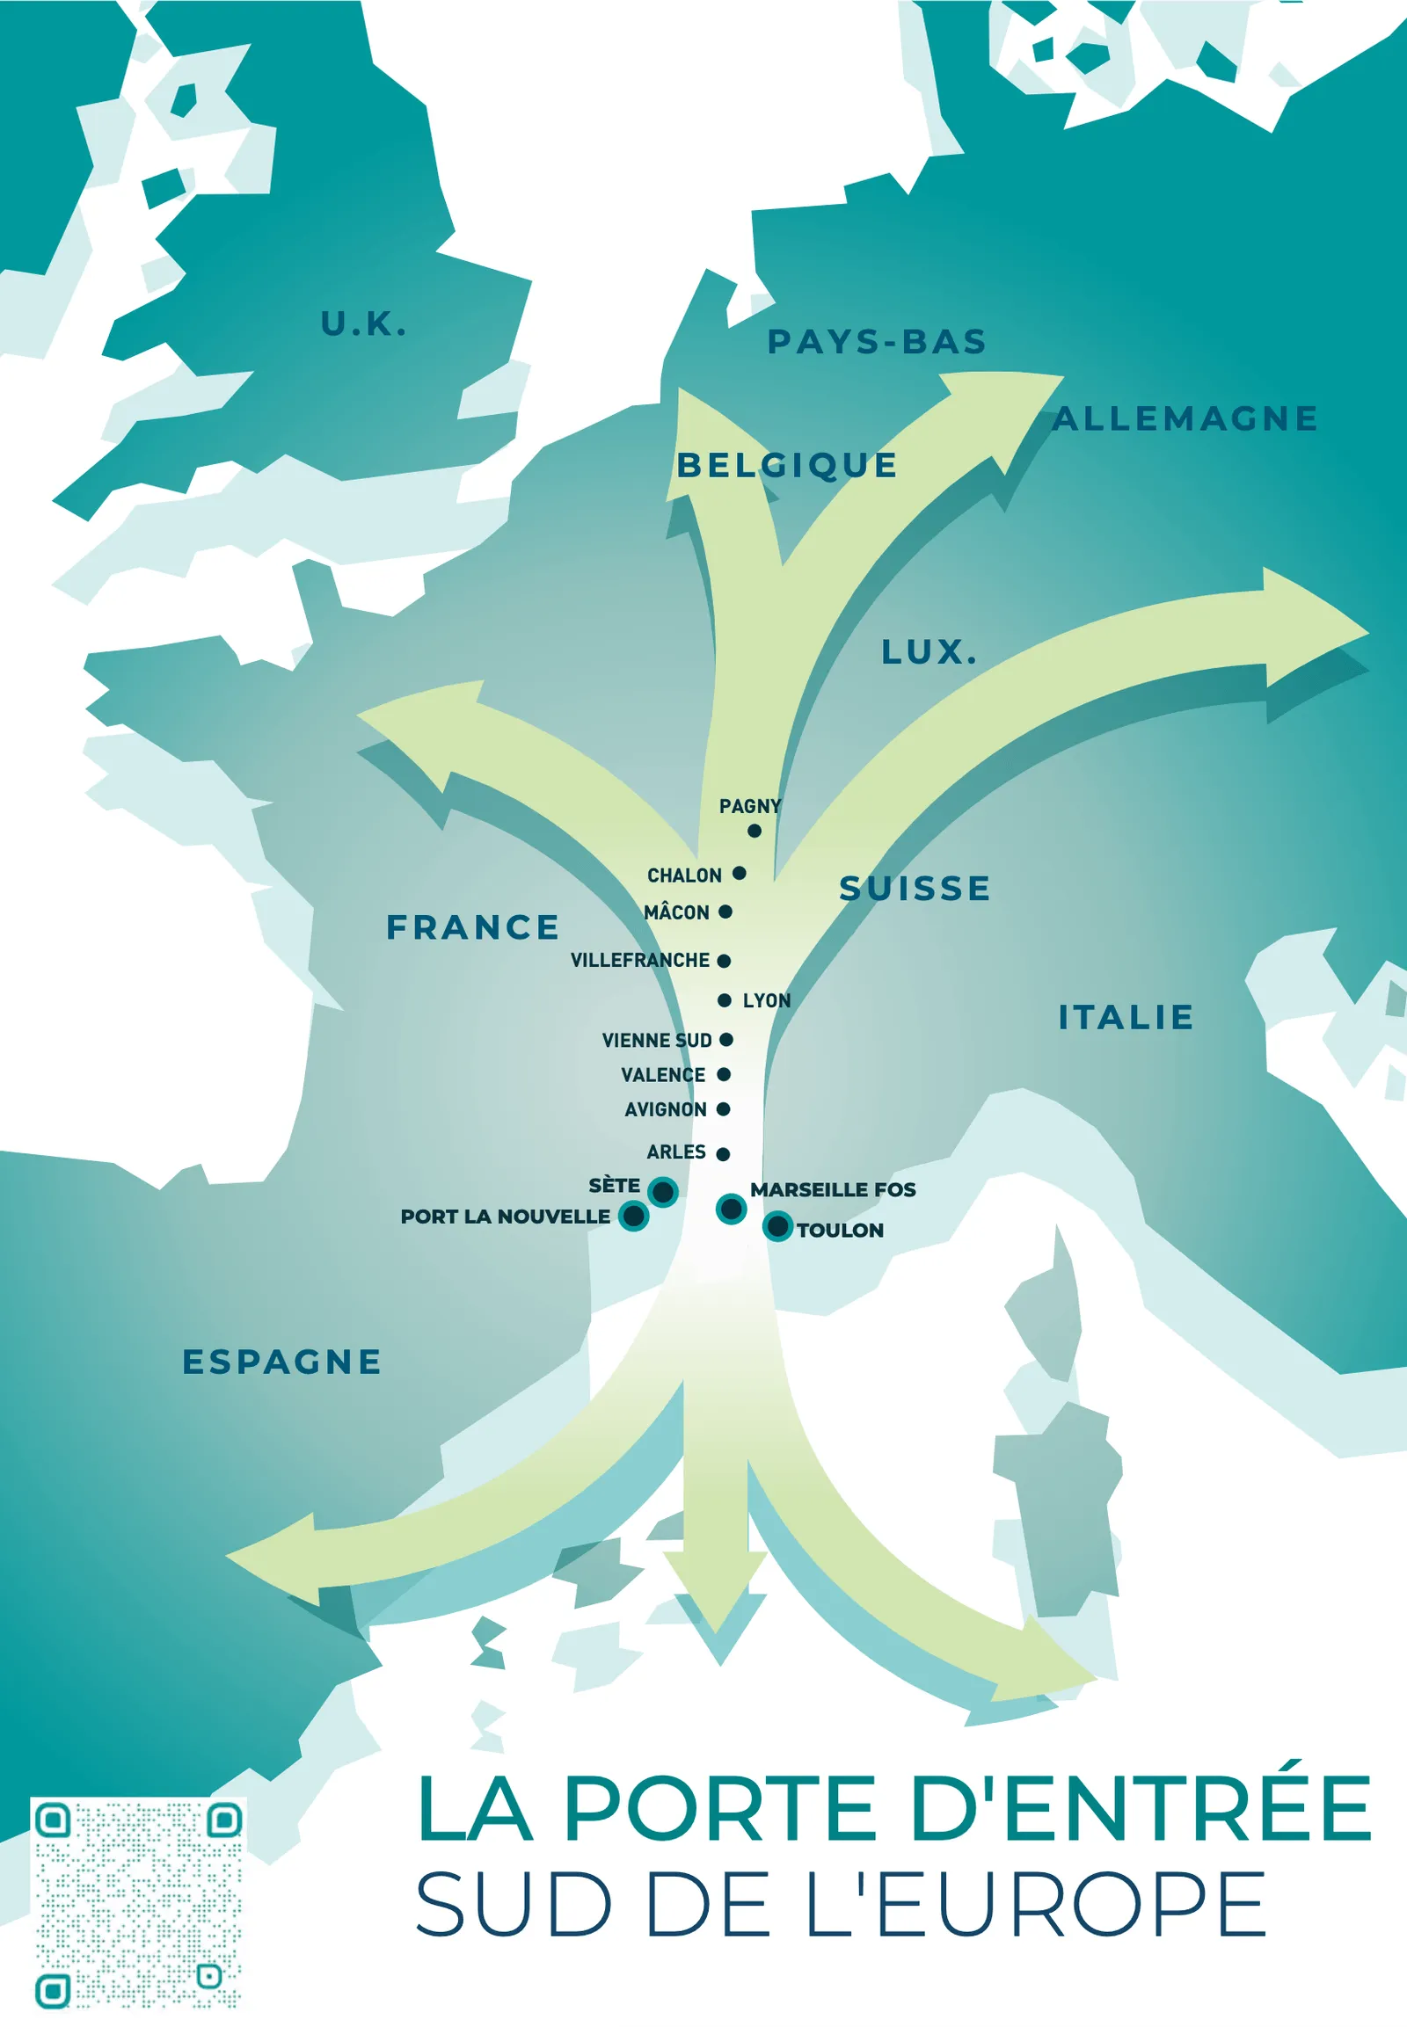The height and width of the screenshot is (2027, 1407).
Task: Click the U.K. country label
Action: tap(363, 324)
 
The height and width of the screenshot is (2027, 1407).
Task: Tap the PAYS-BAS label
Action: tap(876, 342)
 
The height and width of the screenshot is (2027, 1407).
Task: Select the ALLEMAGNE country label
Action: tap(1185, 418)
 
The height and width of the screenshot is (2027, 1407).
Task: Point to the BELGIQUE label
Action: tap(786, 465)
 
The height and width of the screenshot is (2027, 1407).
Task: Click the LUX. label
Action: tap(929, 652)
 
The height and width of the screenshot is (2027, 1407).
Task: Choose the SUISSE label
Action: tap(915, 889)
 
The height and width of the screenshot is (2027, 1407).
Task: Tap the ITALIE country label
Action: tap(1126, 1018)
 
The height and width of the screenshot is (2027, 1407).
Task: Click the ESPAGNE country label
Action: tap(281, 1362)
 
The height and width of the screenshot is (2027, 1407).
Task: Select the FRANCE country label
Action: tap(472, 927)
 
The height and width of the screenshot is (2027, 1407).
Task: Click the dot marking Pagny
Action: tap(755, 830)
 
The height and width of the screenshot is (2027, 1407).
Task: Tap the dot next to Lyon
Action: tap(725, 1000)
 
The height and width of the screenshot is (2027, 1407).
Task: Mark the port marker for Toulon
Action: tap(777, 1226)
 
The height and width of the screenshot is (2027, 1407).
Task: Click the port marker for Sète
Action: tap(663, 1192)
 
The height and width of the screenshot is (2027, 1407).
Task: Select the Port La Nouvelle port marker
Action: tap(634, 1217)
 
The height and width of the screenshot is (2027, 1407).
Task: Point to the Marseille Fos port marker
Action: tap(731, 1209)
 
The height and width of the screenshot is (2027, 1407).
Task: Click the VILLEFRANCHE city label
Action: tap(639, 961)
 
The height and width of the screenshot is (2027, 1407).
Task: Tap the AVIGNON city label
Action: tap(665, 1109)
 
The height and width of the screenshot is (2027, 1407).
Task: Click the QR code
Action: tap(138, 1904)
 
